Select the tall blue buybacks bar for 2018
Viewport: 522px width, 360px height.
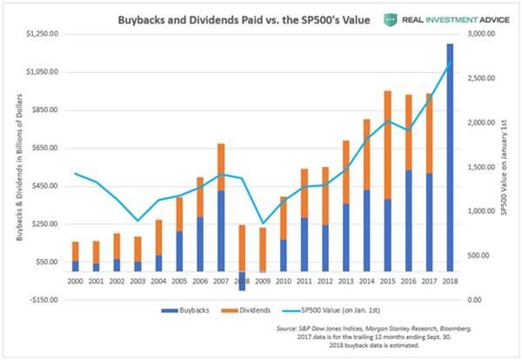pyautogui.click(x=451, y=157)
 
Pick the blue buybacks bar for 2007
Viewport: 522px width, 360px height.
pyautogui.click(x=221, y=230)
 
